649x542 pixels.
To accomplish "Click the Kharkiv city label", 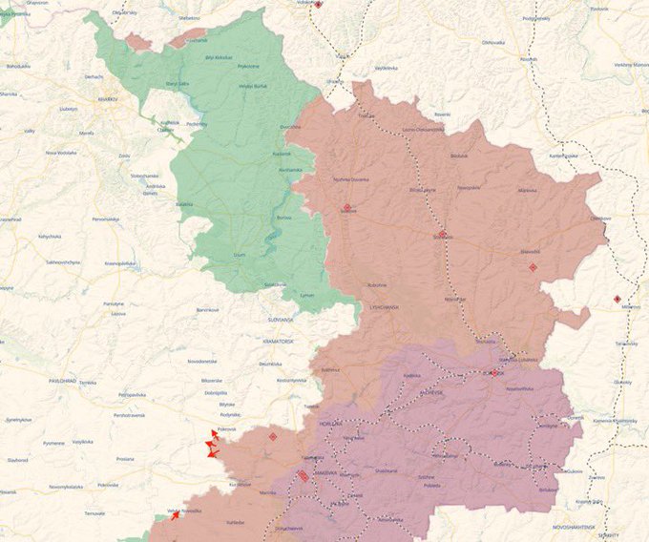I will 106,99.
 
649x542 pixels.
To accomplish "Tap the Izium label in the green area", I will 240,255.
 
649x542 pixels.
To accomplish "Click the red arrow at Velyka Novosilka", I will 174,515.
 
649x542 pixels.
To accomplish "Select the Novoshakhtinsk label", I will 576,527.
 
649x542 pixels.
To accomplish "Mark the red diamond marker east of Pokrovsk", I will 273,436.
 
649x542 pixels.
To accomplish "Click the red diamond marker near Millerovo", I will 618,299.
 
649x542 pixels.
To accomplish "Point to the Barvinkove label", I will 208,309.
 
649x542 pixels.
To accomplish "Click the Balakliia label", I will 184,203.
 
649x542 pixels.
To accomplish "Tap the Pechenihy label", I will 197,123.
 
